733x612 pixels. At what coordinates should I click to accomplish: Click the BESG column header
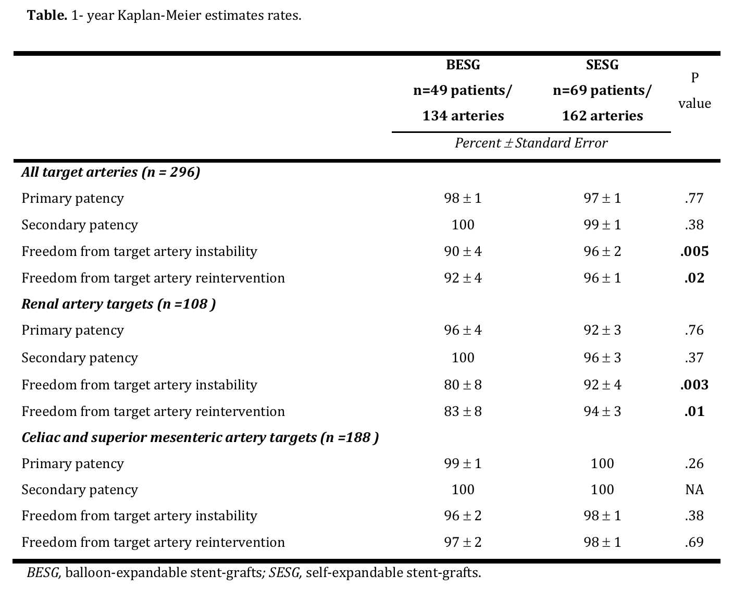tap(463, 65)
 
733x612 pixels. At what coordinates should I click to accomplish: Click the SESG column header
tap(602, 65)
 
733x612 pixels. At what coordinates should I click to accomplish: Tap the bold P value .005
tap(694, 251)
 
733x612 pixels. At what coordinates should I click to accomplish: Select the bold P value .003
tap(694, 385)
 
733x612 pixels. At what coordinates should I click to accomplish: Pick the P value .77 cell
tap(694, 198)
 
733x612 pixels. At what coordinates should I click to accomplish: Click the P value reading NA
tap(694, 489)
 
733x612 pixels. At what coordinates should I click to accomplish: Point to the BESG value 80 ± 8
tap(463, 385)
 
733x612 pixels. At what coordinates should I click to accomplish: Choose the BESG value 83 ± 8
tap(463, 411)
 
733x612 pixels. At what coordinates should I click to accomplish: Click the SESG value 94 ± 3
tap(602, 411)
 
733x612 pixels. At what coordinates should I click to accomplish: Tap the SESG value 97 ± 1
tap(602, 198)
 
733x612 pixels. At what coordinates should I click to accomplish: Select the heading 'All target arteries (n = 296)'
tap(111, 172)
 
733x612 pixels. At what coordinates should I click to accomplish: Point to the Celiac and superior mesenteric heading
tap(200, 437)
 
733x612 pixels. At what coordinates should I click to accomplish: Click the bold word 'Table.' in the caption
tap(47, 16)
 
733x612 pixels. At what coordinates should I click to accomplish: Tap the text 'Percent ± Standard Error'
tap(531, 143)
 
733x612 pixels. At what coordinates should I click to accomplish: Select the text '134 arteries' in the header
tap(463, 116)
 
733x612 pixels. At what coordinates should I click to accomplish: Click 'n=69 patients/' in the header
tap(602, 91)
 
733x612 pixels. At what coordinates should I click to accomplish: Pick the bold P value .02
tap(694, 278)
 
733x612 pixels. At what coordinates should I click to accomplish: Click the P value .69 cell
tap(694, 542)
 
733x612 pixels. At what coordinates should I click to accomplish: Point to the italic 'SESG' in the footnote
tap(283, 573)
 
